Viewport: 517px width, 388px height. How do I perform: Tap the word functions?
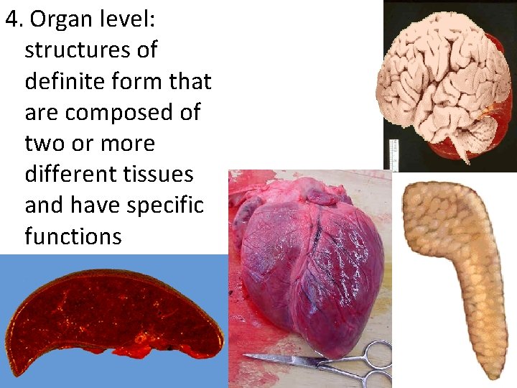click(73, 236)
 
